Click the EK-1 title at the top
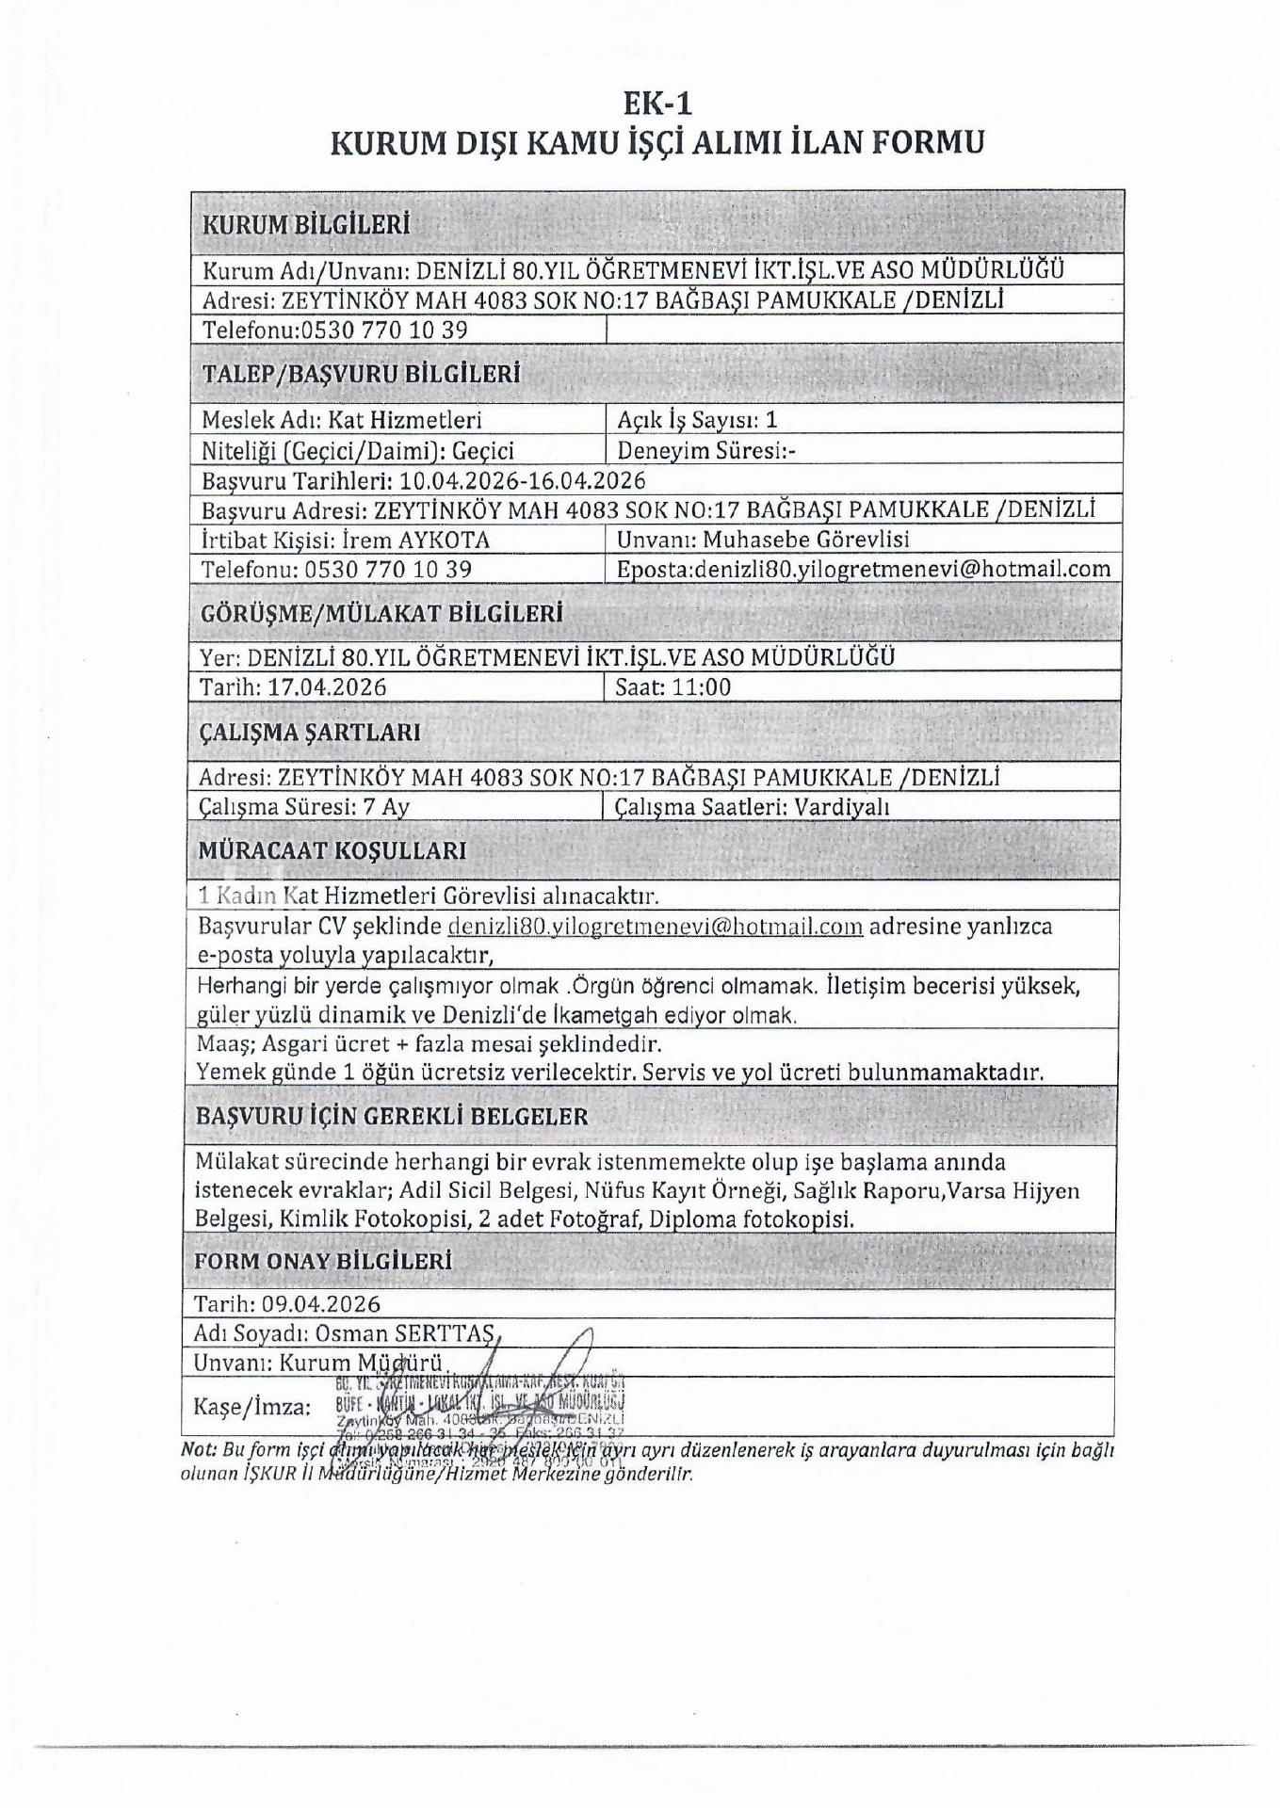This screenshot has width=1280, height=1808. pos(657,101)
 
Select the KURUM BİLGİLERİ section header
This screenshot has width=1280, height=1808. pos(307,225)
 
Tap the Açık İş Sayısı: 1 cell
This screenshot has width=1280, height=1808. pos(698,420)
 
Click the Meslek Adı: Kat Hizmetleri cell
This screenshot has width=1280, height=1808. pos(342,420)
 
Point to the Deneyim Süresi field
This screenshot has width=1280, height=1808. pos(706,450)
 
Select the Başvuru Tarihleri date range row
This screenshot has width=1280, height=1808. pos(424,480)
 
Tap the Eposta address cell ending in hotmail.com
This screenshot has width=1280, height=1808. pos(863,569)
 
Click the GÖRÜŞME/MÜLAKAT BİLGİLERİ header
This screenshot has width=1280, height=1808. pos(382,614)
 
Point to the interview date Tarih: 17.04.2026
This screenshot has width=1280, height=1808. pos(293,686)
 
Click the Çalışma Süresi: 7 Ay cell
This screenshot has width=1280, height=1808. pos(304,807)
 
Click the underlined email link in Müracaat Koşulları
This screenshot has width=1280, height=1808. pos(656,927)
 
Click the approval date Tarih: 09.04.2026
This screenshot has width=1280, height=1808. pos(287,1303)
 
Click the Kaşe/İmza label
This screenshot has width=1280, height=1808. pos(251,1407)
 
